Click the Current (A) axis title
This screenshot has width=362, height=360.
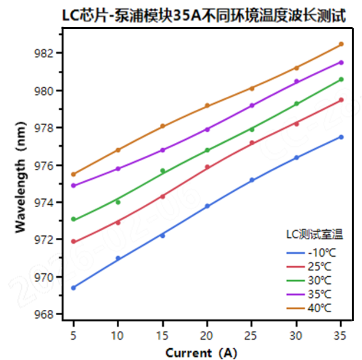point(202,352)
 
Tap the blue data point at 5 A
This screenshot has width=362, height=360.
point(73,287)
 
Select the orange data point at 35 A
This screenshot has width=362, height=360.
point(341,44)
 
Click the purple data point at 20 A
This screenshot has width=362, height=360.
point(207,129)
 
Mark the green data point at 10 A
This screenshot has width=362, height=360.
point(118,202)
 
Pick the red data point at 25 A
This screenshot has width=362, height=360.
point(252,143)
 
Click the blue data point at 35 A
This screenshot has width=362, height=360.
point(341,137)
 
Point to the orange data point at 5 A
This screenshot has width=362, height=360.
point(73,174)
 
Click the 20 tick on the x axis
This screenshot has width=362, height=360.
point(207,335)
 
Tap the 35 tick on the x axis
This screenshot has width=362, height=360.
point(341,335)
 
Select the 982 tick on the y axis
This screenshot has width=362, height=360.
point(45,54)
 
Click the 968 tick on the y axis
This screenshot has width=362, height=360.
point(45,314)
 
